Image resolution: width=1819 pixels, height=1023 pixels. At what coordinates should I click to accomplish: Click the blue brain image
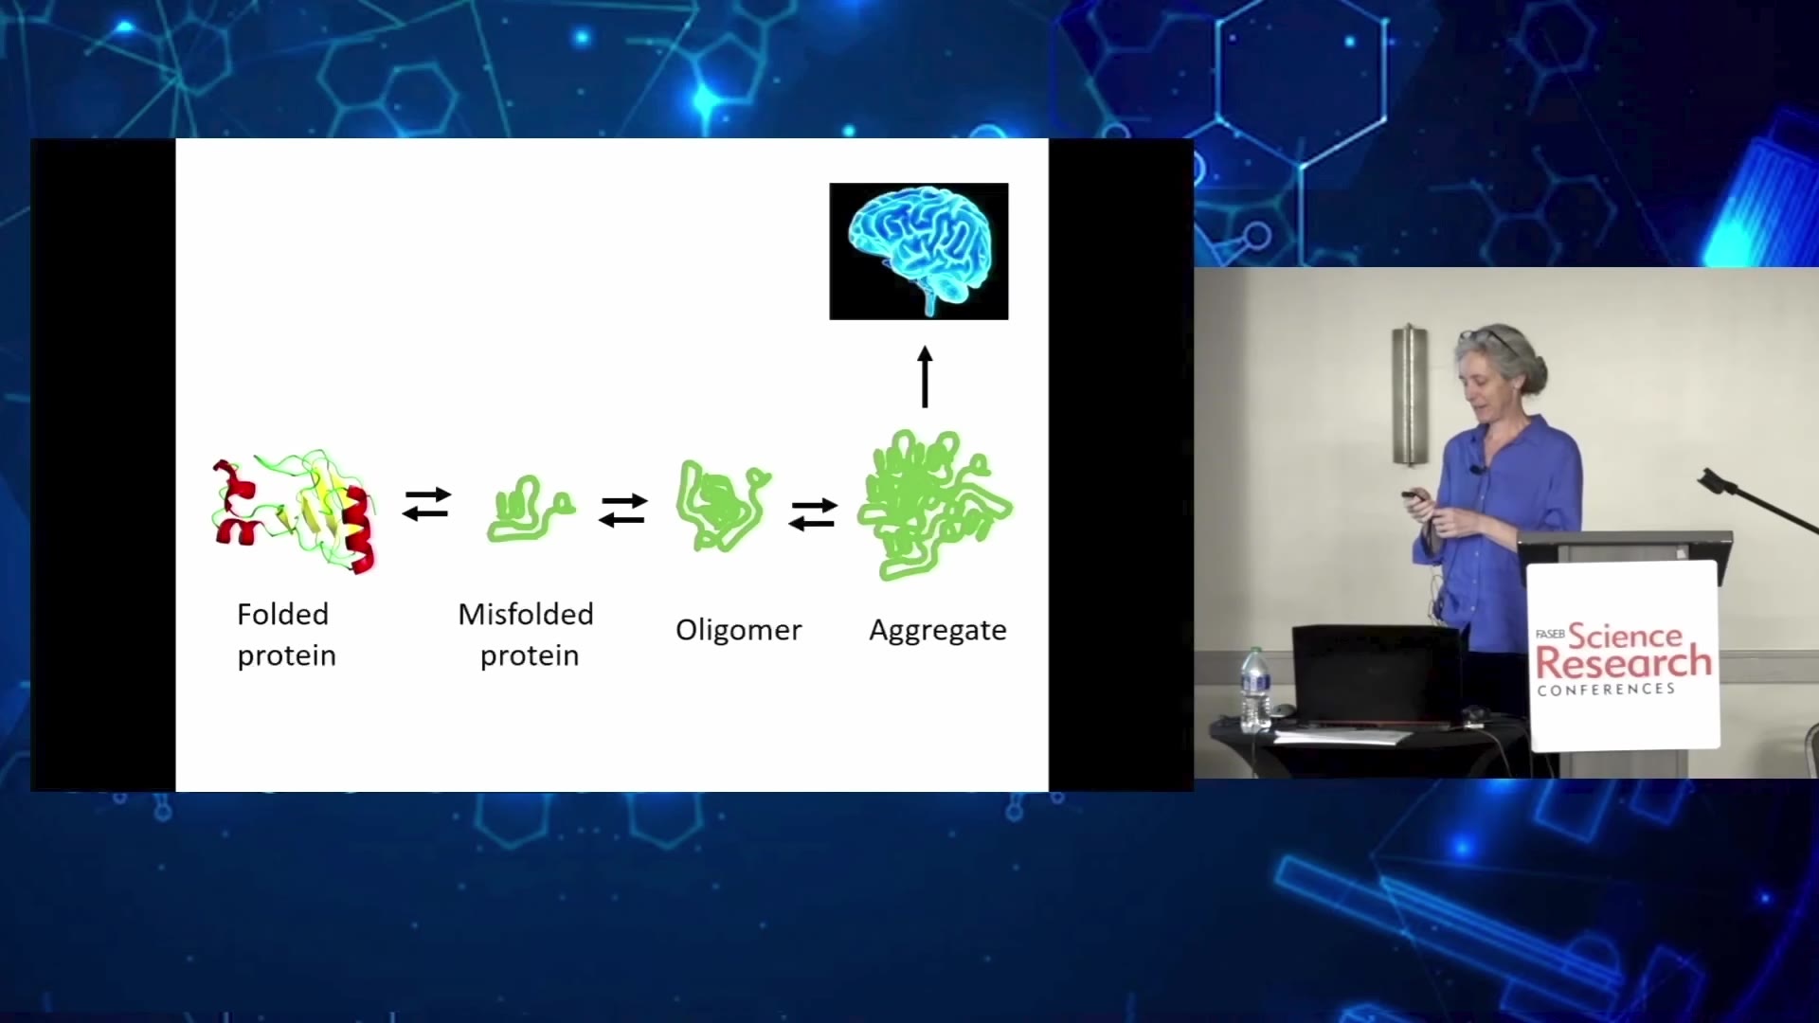919,251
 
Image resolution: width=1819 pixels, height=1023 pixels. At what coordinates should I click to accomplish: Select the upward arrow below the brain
926,377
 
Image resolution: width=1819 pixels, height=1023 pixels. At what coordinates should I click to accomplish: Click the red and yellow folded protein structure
295,511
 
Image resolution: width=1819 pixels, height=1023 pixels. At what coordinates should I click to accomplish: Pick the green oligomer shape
722,505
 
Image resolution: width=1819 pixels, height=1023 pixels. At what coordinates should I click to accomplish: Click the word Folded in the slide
282,614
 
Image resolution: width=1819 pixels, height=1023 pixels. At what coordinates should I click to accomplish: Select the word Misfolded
526,614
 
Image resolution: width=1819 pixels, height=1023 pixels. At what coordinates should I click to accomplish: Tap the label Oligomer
739,631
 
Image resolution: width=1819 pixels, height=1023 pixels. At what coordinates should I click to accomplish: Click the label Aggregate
938,631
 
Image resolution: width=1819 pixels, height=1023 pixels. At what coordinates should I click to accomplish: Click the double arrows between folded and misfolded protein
426,504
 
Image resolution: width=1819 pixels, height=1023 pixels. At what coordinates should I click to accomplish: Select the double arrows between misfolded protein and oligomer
623,511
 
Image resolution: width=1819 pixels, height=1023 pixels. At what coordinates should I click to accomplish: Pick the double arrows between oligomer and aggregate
813,514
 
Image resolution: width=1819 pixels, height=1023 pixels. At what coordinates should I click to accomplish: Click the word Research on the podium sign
1624,662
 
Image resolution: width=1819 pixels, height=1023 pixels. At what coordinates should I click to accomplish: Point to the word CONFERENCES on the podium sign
1607,690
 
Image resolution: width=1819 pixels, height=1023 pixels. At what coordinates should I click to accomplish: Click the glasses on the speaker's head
1488,337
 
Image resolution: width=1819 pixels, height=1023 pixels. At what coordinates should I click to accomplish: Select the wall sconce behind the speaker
1409,395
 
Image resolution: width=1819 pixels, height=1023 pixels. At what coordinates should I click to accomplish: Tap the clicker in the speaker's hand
1416,495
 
